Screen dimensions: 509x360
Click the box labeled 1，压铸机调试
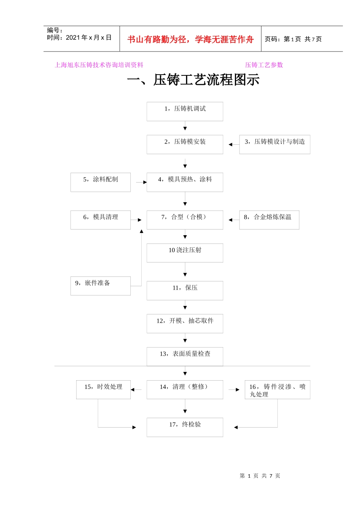point(185,111)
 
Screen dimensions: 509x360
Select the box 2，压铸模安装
point(185,144)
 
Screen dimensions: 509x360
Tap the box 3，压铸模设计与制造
point(275,144)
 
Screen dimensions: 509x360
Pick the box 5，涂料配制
point(100,182)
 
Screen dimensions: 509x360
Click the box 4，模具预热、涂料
point(185,182)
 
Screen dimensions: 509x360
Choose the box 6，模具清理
point(100,220)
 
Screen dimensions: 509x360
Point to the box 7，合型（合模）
point(185,220)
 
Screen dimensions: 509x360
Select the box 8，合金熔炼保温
point(269,220)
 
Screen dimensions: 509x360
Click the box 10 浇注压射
point(185,253)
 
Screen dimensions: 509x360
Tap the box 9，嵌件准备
point(100,286)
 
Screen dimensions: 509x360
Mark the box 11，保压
point(185,290)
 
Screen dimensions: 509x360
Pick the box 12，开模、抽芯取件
point(185,323)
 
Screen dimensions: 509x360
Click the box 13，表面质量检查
point(185,356)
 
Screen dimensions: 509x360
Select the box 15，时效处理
point(103,389)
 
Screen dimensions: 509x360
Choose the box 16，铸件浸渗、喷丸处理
point(277,389)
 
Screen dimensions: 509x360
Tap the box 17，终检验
point(185,427)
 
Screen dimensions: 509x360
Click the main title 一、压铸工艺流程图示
point(193,80)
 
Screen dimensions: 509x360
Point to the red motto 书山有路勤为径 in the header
point(190,39)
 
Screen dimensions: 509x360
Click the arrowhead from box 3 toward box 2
point(230,144)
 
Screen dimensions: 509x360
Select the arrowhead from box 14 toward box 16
point(238,389)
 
